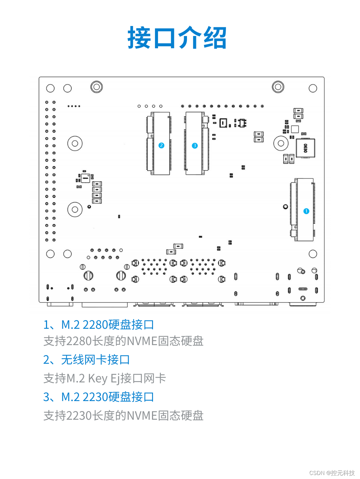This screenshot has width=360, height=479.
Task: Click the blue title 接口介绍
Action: click(x=177, y=38)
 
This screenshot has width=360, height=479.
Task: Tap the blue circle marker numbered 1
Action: click(x=306, y=211)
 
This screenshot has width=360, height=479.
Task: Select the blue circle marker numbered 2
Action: click(x=161, y=146)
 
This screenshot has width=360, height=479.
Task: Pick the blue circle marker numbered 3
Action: click(x=195, y=146)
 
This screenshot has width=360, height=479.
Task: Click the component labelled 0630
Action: click(x=305, y=148)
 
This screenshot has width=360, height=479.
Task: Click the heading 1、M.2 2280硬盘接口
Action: click(x=99, y=325)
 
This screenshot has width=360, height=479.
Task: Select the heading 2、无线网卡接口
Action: click(x=86, y=360)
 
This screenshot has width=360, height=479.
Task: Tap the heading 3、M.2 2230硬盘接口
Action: click(x=99, y=397)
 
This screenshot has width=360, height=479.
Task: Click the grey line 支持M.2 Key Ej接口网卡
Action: click(x=104, y=378)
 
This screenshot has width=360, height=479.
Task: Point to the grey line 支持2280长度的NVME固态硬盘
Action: click(x=123, y=341)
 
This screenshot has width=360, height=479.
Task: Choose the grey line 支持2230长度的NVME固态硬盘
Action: click(x=123, y=416)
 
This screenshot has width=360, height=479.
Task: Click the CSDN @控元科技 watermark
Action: click(x=332, y=473)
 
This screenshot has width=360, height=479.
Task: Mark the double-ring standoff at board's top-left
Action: click(x=96, y=87)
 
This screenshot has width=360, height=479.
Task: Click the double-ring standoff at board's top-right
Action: click(x=278, y=87)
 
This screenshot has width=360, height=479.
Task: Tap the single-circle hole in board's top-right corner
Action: click(x=313, y=88)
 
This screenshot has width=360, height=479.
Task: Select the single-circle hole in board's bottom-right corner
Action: click(x=313, y=254)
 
